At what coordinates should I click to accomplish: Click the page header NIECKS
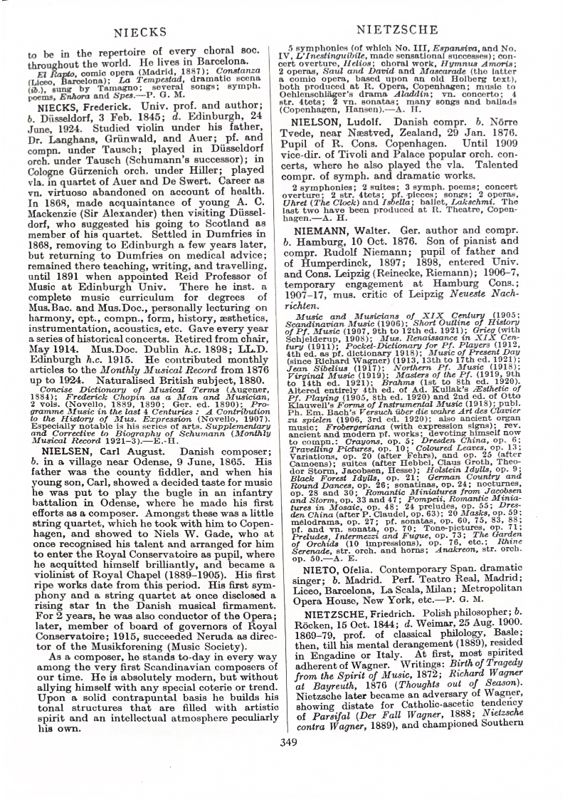139,31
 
